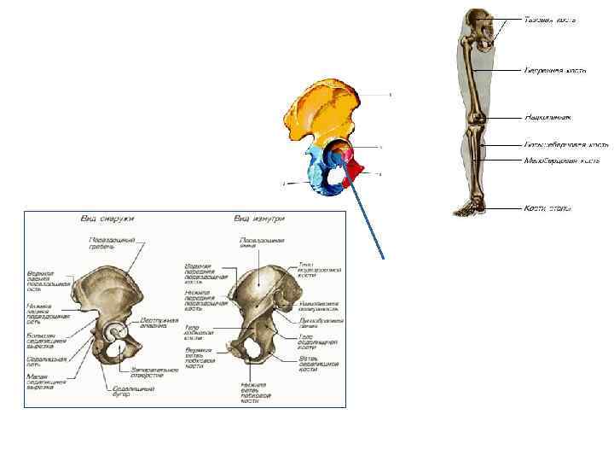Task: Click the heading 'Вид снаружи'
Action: tap(101, 219)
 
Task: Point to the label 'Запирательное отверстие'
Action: tap(153, 372)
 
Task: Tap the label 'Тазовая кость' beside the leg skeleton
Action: tap(551, 19)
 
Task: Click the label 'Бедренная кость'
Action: tap(555, 71)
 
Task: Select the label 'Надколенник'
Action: tap(547, 117)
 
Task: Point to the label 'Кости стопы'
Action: tap(547, 207)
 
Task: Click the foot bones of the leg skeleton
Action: tap(466, 206)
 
